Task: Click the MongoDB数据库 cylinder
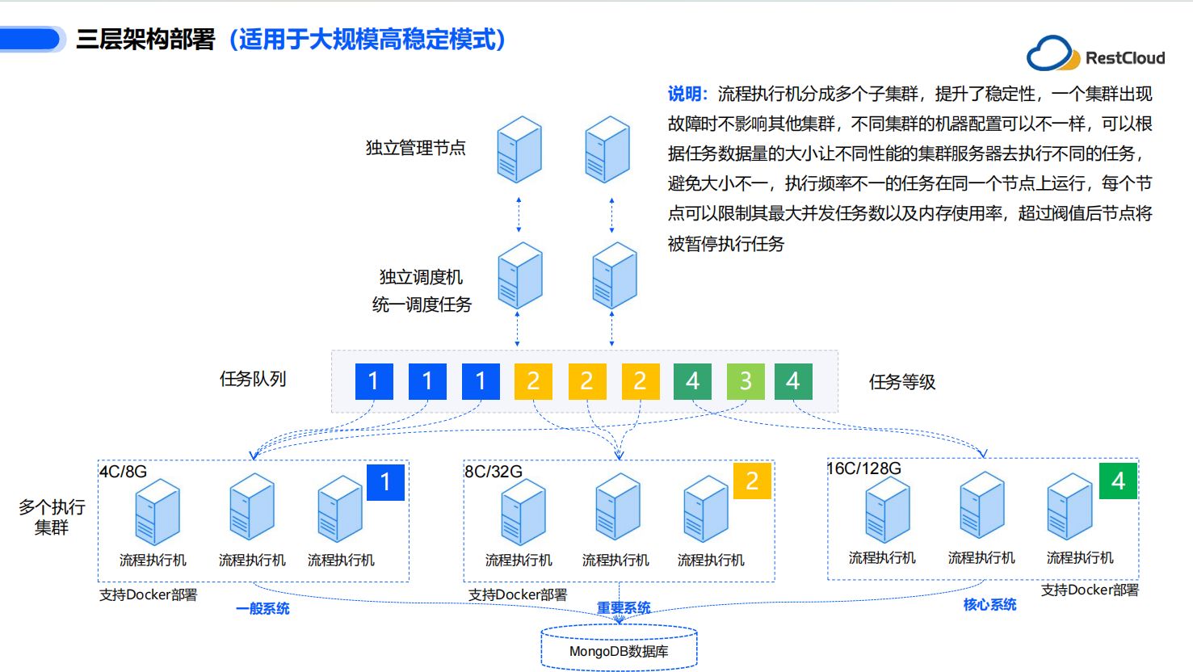[619, 649]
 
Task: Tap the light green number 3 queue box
[746, 381]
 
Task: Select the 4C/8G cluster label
[123, 472]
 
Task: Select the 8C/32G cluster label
[494, 472]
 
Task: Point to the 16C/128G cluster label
[863, 468]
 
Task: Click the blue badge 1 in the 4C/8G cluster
[385, 482]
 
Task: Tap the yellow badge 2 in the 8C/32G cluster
[752, 481]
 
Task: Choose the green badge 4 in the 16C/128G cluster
[1118, 481]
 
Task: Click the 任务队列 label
[253, 379]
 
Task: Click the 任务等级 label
[902, 382]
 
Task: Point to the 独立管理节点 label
[415, 148]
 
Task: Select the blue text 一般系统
[263, 608]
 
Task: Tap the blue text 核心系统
[989, 605]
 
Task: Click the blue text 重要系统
[624, 607]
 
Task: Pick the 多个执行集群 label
[52, 517]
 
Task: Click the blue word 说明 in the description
[686, 94]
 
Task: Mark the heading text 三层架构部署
[145, 40]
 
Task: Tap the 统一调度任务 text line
[422, 304]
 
